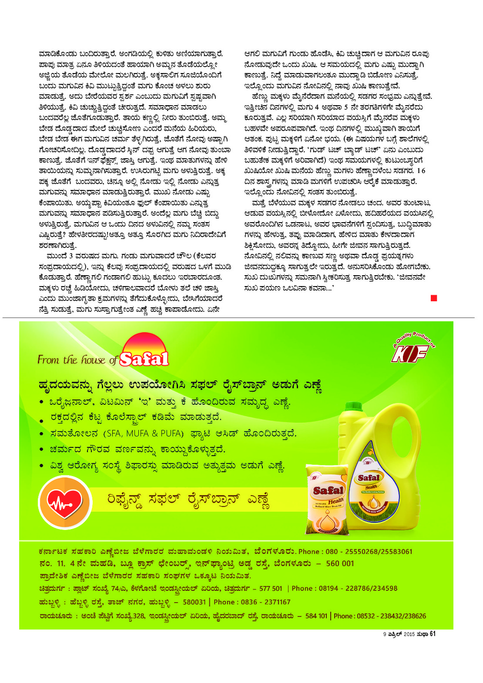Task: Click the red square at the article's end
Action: coord(433,298)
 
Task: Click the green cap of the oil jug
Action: coord(353,407)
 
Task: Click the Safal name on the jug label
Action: coord(369,478)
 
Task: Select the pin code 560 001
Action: coord(340,563)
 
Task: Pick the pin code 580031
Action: coord(194,602)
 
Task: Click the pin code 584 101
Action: coord(316,616)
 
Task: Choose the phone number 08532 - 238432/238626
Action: coord(391,616)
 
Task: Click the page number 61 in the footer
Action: coord(432,634)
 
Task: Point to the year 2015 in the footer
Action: coord(409,634)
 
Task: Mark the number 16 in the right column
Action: coord(420,171)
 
